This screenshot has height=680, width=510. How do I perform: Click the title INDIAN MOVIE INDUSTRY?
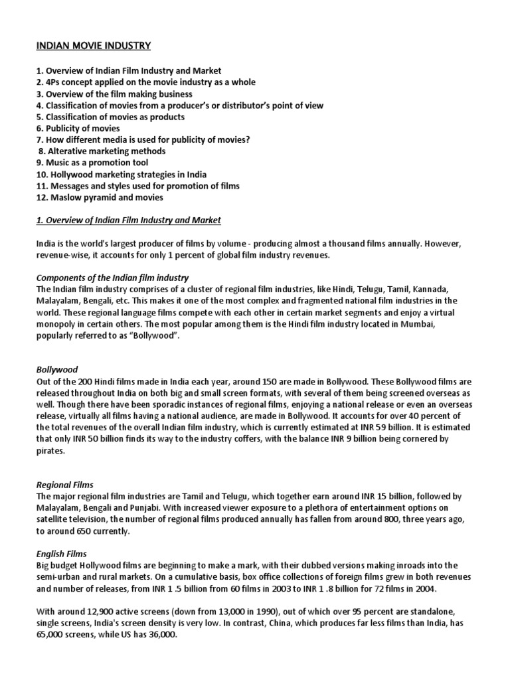coord(94,46)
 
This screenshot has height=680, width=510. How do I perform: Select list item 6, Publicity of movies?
coord(78,128)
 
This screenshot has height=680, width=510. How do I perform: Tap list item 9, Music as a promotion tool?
coord(92,163)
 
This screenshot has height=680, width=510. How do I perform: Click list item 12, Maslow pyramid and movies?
coord(100,197)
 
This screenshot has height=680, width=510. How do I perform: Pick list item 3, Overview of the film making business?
coord(114,94)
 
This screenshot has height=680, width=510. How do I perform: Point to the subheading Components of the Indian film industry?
coord(112,278)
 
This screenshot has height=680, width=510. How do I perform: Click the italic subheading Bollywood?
coord(57,371)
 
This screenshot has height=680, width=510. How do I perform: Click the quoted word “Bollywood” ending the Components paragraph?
coord(158,337)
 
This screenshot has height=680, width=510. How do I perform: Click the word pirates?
coord(50,451)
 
